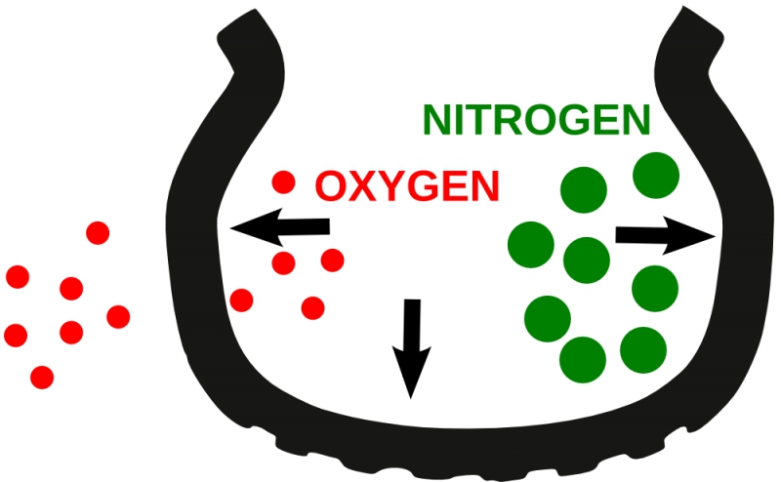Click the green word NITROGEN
(x=536, y=120)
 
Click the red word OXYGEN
(x=407, y=186)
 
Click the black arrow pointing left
(x=280, y=227)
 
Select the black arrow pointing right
(x=666, y=235)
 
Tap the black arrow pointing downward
(x=411, y=348)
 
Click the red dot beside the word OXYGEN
(x=283, y=181)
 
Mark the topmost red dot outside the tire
(x=98, y=233)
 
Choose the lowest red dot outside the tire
(x=42, y=378)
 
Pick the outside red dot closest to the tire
(x=118, y=317)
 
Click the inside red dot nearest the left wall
(x=241, y=301)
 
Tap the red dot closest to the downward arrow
(x=312, y=308)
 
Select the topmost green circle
(x=656, y=176)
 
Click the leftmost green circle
(x=531, y=245)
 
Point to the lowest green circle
(x=583, y=360)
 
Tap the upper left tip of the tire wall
(x=255, y=9)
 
